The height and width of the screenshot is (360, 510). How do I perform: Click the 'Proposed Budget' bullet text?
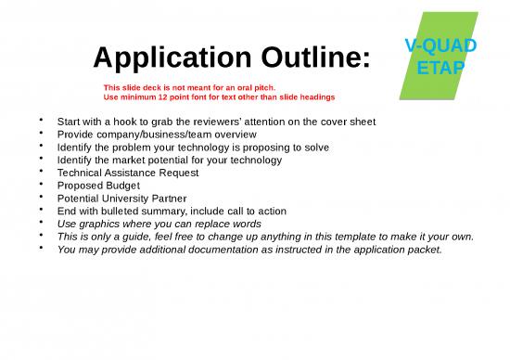pyautogui.click(x=98, y=186)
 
